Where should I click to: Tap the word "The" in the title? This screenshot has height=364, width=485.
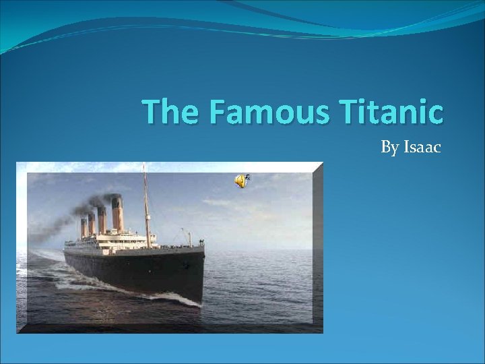click(170, 112)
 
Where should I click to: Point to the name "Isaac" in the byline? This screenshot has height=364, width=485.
click(422, 146)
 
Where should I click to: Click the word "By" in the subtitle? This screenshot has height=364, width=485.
click(390, 147)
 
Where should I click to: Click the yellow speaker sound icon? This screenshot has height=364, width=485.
click(240, 181)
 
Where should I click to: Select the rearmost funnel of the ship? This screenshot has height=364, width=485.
click(84, 227)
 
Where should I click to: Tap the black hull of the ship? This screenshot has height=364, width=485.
click(135, 270)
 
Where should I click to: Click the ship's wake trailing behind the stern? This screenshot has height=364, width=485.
click(47, 260)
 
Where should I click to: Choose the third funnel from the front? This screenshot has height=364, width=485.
click(91, 224)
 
